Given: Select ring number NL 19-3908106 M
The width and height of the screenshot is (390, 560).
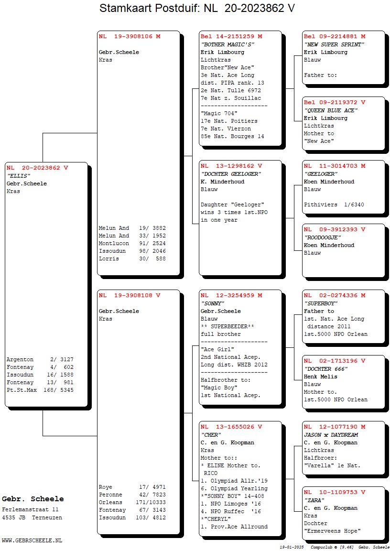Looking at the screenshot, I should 130,36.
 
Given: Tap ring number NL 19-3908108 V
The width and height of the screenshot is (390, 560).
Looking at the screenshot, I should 130,295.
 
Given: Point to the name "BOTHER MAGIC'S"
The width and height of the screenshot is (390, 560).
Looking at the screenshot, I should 227,44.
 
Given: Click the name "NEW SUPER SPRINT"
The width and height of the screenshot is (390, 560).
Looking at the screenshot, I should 334,44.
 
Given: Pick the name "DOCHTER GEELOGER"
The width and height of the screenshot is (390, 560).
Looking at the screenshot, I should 231,174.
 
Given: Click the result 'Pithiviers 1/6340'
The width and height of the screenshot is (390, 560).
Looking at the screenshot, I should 334,205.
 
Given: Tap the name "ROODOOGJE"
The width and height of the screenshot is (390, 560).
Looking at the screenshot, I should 323,237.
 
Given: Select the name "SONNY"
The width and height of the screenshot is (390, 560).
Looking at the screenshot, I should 212,303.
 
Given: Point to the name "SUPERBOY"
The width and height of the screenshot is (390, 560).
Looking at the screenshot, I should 321,303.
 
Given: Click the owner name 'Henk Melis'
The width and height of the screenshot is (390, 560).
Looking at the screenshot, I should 320,377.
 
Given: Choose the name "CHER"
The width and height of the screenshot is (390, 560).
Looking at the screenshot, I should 211,435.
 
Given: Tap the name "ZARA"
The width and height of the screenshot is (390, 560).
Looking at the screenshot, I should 314,500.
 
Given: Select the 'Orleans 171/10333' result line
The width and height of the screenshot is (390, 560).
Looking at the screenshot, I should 132,502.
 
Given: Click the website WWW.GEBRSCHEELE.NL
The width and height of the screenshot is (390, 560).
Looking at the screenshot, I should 32,540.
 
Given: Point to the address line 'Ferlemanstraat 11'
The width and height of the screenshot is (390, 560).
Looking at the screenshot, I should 30,510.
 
